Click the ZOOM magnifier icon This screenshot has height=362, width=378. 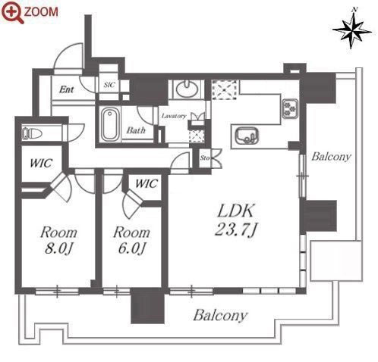pyautogui.click(x=12, y=12)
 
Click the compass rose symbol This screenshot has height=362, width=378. pyautogui.click(x=352, y=30)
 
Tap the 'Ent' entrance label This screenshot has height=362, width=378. pyautogui.click(x=66, y=89)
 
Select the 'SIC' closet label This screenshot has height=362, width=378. pyautogui.click(x=109, y=85)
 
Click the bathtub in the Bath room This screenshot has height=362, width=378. pyautogui.click(x=110, y=125)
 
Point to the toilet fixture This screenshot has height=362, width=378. pyautogui.click(x=32, y=133)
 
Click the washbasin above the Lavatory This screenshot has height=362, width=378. pyautogui.click(x=187, y=89)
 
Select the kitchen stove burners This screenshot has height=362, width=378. pyautogui.click(x=290, y=108)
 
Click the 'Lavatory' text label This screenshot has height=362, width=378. pyautogui.click(x=174, y=116)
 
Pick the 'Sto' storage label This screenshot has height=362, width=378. pyautogui.click(x=205, y=158)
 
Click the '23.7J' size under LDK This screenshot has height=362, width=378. pyautogui.click(x=236, y=229)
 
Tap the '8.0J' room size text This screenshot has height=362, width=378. pyautogui.click(x=58, y=248)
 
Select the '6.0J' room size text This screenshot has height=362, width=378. pyautogui.click(x=131, y=248)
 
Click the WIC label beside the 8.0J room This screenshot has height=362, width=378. pyautogui.click(x=41, y=163)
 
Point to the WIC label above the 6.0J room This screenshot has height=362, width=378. pyautogui.click(x=146, y=183)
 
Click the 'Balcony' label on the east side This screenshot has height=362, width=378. pyautogui.click(x=331, y=157)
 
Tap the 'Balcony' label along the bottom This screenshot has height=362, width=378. pyautogui.click(x=220, y=316)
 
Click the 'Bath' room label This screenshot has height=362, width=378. pyautogui.click(x=136, y=130)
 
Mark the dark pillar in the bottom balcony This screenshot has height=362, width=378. pyautogui.click(x=147, y=306)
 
